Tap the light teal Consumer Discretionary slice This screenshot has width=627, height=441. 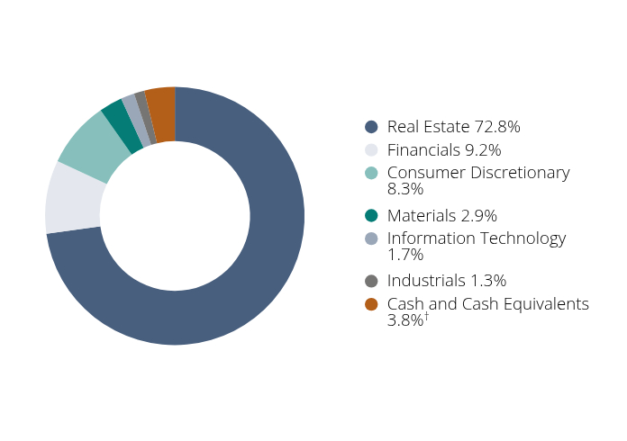(x=90, y=144)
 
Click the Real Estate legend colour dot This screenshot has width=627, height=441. (x=371, y=127)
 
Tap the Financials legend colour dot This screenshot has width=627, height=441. (x=371, y=150)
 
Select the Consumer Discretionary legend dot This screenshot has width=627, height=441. (x=371, y=173)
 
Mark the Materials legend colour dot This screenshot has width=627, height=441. (x=371, y=216)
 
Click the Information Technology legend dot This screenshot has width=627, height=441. (x=371, y=238)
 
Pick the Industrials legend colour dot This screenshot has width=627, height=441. (x=371, y=282)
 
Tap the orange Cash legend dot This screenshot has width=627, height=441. (x=371, y=304)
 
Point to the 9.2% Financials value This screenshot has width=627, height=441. (x=481, y=150)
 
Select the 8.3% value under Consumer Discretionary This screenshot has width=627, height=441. (x=405, y=189)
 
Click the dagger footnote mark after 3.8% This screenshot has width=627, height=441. (x=426, y=316)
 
